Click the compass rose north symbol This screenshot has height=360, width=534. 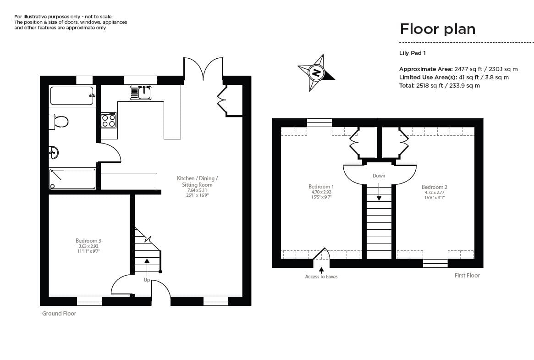click(x=316, y=72)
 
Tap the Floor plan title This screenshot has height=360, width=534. click(x=437, y=29)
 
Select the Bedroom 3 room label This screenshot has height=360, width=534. click(x=88, y=241)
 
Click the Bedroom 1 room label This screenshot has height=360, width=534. click(x=321, y=187)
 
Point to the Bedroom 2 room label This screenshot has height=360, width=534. click(x=434, y=187)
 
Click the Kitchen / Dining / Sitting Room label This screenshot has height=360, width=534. click(x=197, y=181)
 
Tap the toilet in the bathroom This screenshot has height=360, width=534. click(x=59, y=122)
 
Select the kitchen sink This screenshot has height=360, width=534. click(x=141, y=93)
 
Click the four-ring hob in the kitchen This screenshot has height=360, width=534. click(x=109, y=121)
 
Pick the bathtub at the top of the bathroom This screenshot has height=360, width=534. click(x=72, y=96)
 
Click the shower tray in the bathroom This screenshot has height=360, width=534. click(x=72, y=179)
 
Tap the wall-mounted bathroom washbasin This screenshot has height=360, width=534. click(x=54, y=152)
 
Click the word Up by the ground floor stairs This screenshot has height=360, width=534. click(x=147, y=280)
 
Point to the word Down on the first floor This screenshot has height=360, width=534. click(x=379, y=176)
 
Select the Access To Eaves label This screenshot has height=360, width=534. click(x=321, y=277)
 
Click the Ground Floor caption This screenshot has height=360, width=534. click(x=59, y=314)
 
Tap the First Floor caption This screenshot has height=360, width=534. click(x=467, y=276)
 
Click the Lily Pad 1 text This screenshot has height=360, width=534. click(x=413, y=53)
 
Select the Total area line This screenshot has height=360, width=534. click(x=439, y=85)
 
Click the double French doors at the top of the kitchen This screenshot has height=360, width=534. click(x=203, y=69)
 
